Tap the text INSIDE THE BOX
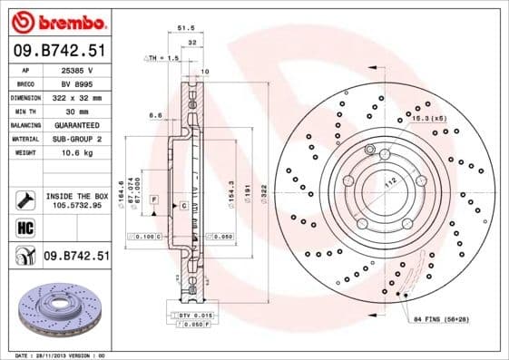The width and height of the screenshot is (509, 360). coord(76,195)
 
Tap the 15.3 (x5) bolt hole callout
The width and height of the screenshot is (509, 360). coord(428,119)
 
